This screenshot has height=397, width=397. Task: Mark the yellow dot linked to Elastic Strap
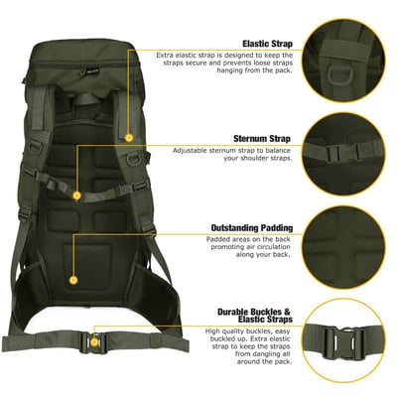pyautogui.click(x=128, y=135)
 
